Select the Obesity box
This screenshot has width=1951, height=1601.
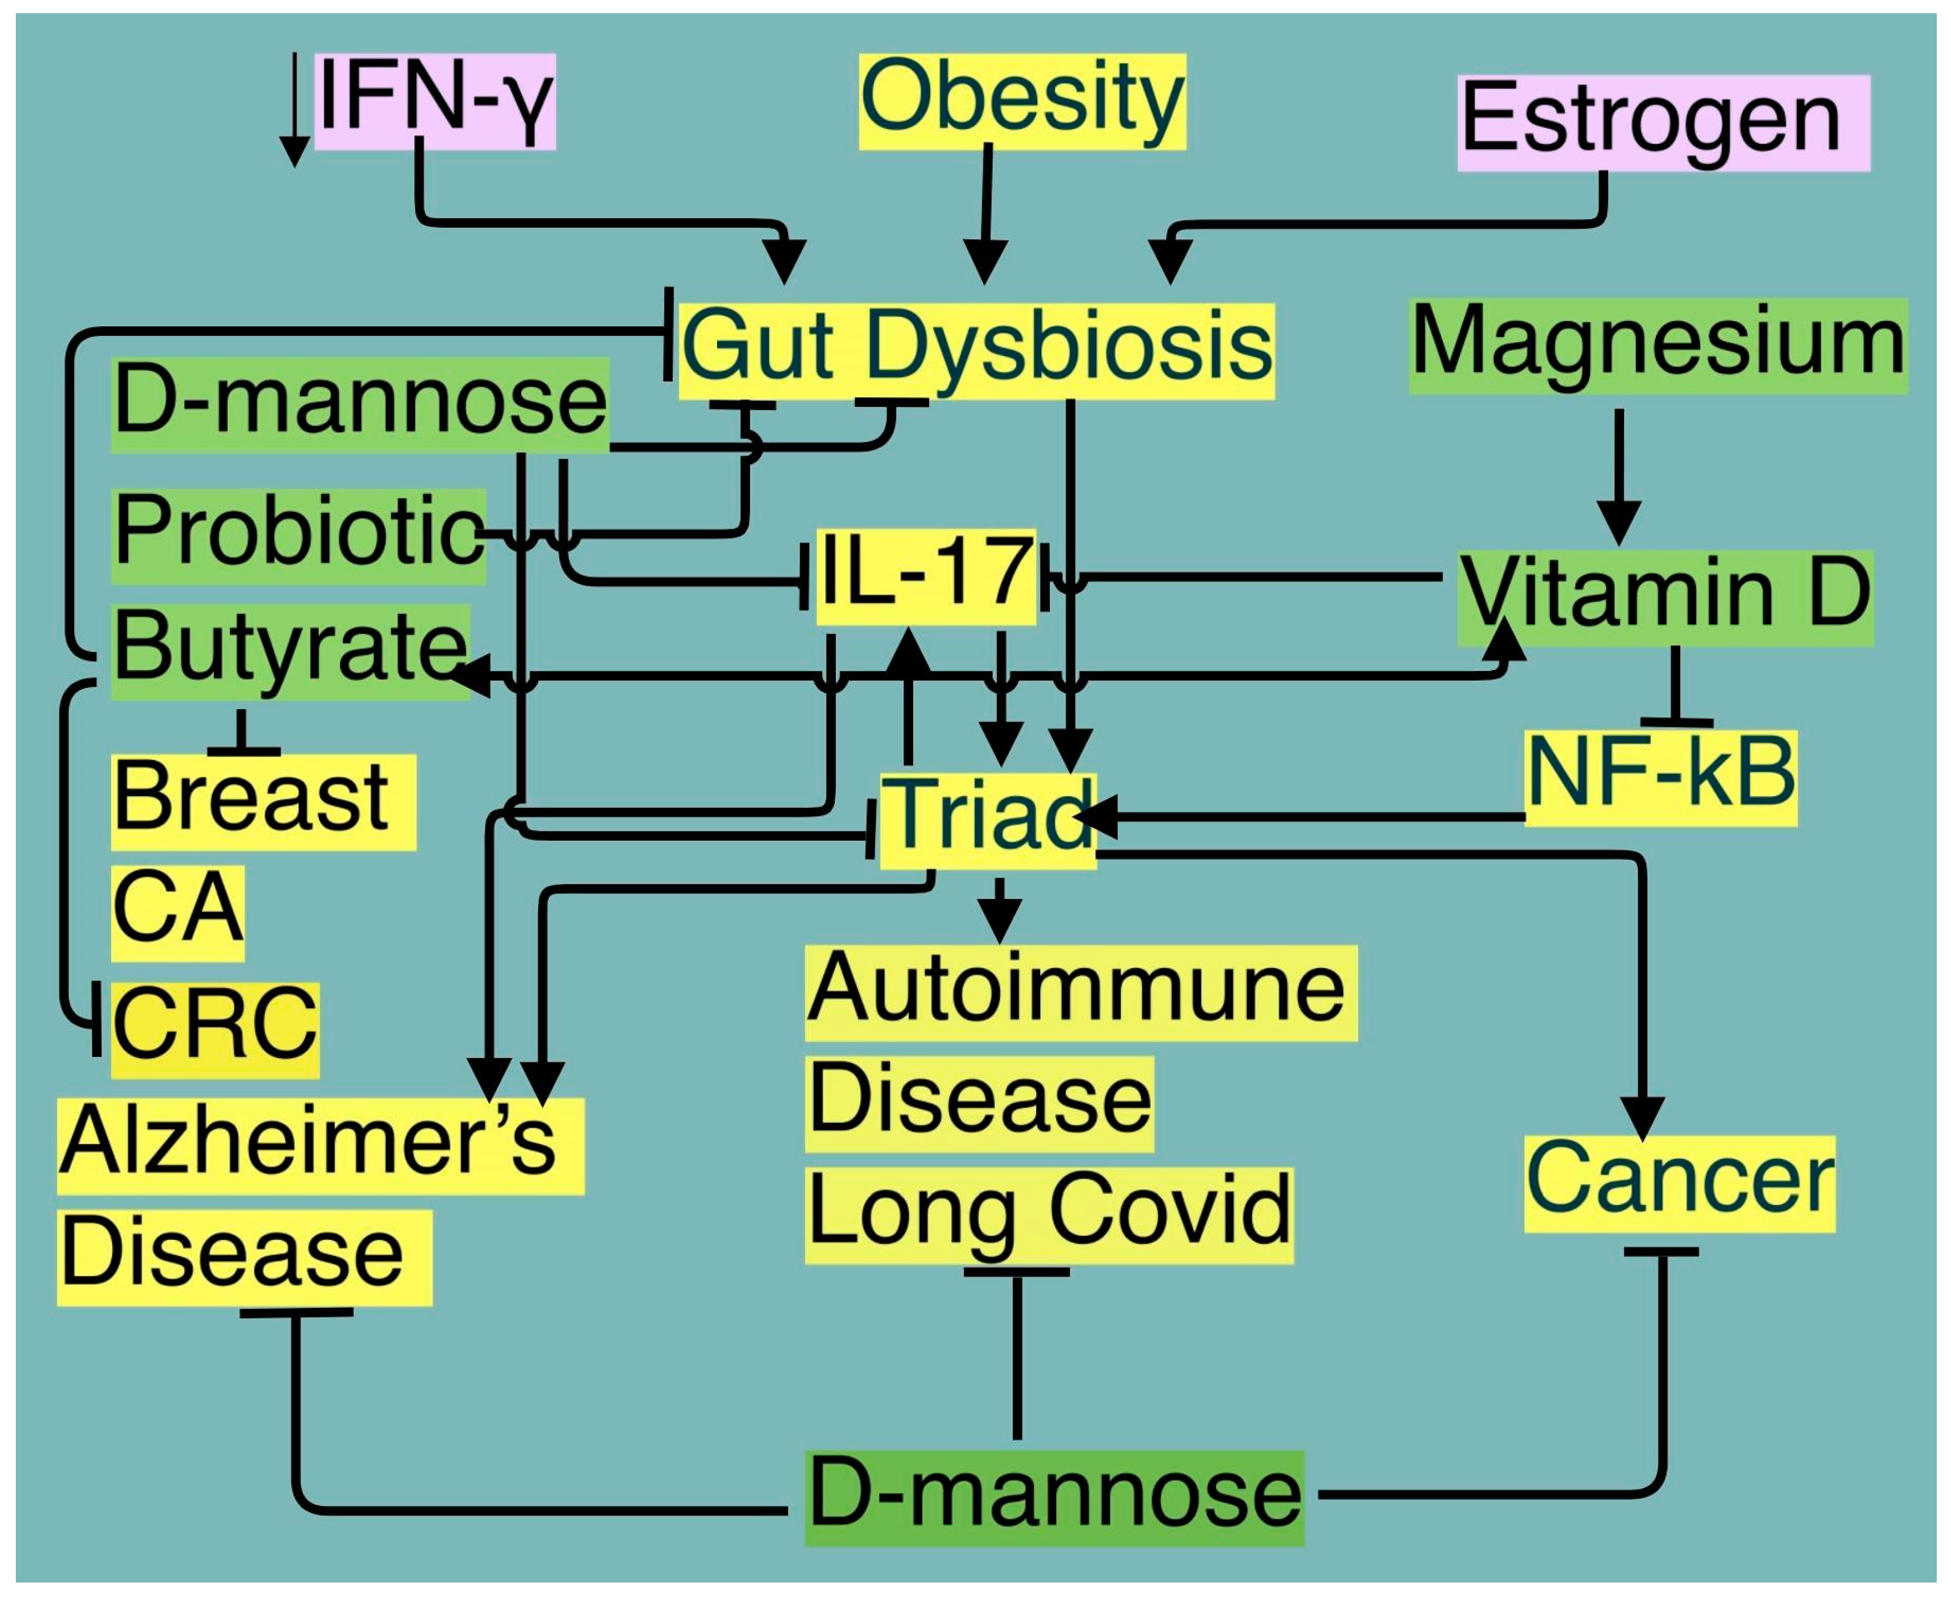point(1021,101)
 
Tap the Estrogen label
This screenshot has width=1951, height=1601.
point(1662,123)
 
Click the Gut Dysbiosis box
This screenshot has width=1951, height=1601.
point(975,351)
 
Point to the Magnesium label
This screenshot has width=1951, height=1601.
point(1657,346)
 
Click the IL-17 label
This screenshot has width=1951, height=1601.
point(926,576)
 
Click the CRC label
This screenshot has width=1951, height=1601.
point(215,1028)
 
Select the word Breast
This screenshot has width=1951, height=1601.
point(263,800)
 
